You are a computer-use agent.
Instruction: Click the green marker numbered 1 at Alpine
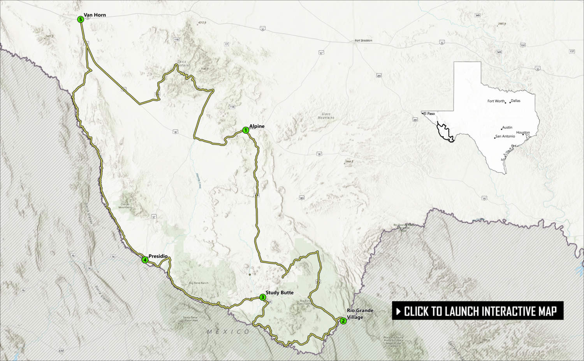click(246, 130)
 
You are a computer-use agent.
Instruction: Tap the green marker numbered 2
click(343, 321)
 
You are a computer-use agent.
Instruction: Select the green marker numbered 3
click(263, 297)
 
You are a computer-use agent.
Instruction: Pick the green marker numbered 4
click(145, 260)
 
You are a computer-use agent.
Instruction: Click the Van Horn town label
click(95, 15)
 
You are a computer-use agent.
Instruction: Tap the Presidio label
click(158, 256)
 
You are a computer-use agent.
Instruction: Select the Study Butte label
click(280, 292)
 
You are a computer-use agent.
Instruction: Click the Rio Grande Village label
click(360, 314)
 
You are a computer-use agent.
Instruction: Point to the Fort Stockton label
click(363, 41)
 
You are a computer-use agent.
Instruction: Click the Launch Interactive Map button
click(478, 311)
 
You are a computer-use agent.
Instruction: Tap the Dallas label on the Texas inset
click(515, 101)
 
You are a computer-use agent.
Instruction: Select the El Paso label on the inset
click(429, 113)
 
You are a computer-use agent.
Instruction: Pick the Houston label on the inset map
click(523, 133)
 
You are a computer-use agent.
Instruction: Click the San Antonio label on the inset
click(505, 136)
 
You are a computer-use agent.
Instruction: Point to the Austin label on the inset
click(507, 127)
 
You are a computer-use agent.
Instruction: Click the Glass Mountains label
click(326, 116)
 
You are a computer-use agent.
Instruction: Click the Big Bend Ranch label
click(199, 283)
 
